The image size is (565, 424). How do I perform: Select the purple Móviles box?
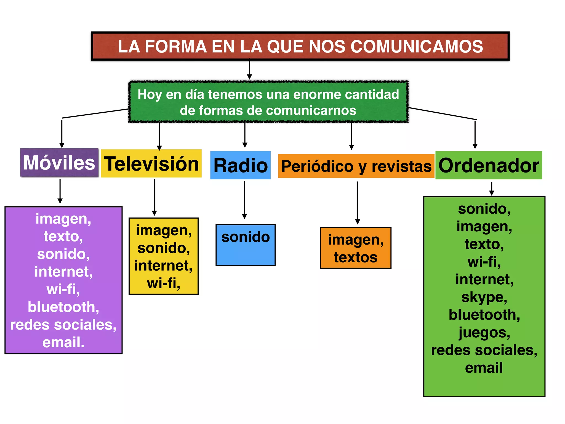coord(59,163)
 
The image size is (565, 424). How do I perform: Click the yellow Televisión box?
coord(151,164)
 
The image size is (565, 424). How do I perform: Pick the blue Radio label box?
coord(240,165)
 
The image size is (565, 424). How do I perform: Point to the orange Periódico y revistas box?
coord(356,166)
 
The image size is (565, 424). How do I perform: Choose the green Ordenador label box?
coord(489,165)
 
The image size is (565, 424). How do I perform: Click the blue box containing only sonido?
coord(246,245)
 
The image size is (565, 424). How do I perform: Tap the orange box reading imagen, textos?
coord(356,248)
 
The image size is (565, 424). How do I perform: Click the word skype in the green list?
coord(484,297)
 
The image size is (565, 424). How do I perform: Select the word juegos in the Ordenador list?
coord(484,332)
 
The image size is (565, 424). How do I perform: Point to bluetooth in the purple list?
coord(63,307)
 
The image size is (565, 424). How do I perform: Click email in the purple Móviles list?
coord(63,342)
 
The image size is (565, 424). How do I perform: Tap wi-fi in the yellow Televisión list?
coord(163,283)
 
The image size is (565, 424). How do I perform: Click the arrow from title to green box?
coord(249,70)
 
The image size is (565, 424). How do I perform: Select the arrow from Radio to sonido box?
coord(244,200)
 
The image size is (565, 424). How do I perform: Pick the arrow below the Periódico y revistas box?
coord(358,203)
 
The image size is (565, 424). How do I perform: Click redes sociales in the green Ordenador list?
coord(484,350)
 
